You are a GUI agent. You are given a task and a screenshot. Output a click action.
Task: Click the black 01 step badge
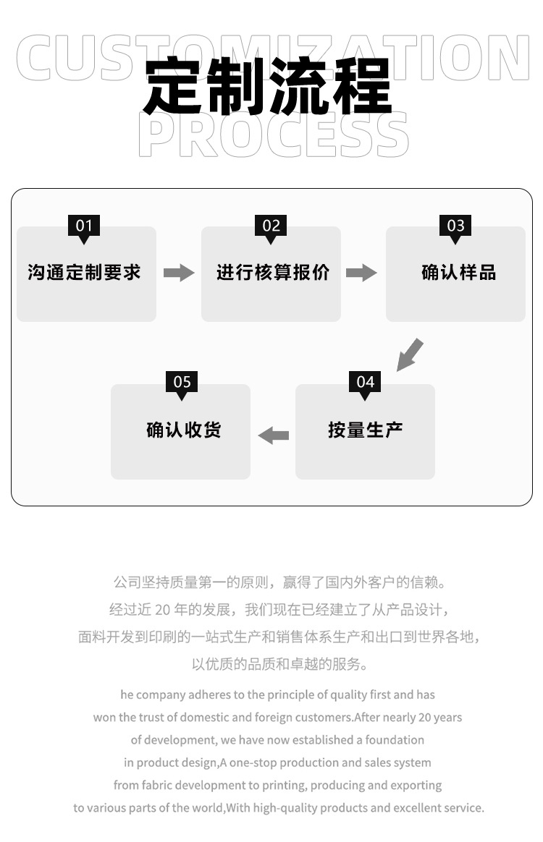(84, 226)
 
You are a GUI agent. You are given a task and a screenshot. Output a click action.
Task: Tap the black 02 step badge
(271, 226)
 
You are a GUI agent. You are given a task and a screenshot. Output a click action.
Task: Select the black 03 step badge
(455, 226)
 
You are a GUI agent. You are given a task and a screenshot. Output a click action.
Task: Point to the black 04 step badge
(365, 383)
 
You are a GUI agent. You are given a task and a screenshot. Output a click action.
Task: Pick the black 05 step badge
(182, 383)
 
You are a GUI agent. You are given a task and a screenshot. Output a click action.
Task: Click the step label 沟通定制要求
(84, 273)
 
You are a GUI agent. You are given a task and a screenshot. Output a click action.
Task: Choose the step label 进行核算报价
(272, 273)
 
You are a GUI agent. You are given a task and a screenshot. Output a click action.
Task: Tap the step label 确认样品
(458, 273)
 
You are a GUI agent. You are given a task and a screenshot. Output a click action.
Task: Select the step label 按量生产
(365, 430)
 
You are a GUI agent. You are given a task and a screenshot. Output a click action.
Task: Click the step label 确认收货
(184, 430)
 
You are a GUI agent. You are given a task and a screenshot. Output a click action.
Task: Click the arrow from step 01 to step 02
(179, 273)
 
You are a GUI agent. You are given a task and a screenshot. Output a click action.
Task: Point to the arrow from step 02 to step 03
(361, 273)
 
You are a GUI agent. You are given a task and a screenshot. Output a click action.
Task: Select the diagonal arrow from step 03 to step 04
(410, 354)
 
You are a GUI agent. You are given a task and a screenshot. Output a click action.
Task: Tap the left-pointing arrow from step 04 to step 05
(274, 435)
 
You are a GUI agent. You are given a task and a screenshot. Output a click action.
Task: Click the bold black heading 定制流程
(268, 87)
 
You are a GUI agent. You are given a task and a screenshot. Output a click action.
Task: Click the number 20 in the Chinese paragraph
(162, 610)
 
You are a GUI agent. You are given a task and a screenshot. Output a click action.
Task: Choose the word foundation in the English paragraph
(395, 740)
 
